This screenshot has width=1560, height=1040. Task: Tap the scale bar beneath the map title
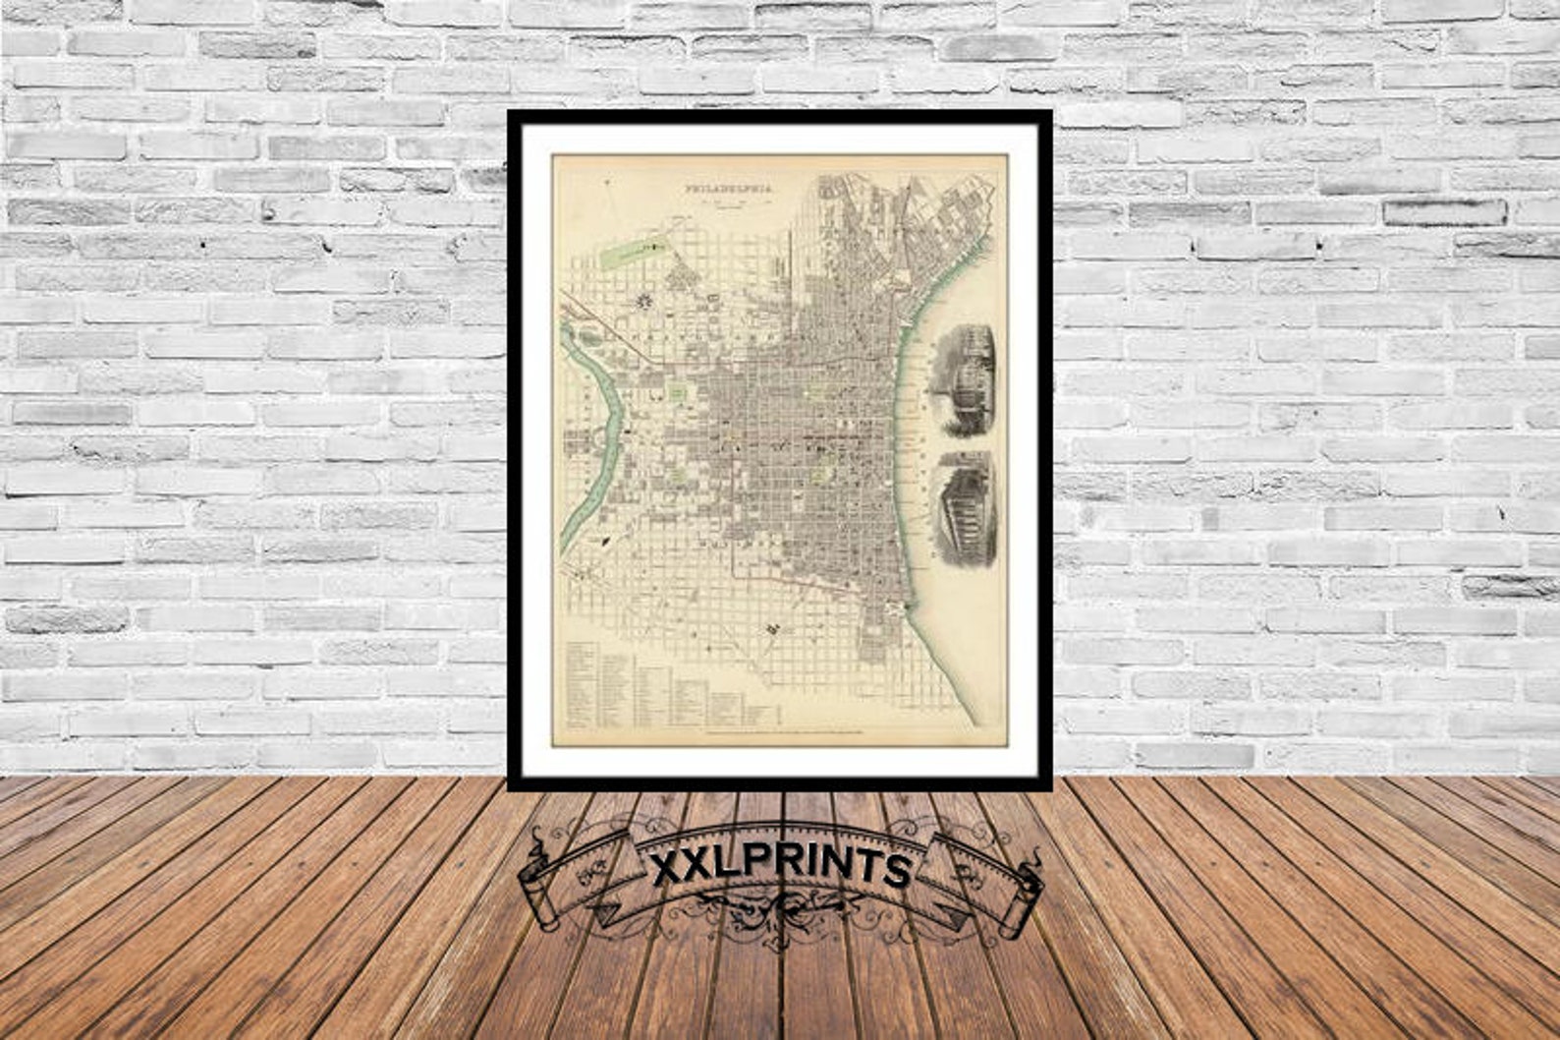tap(727, 204)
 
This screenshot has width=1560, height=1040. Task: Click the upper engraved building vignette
tap(963, 380)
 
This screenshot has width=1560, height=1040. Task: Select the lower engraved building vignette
tap(966, 508)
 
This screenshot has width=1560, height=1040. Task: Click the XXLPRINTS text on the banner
tap(781, 869)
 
